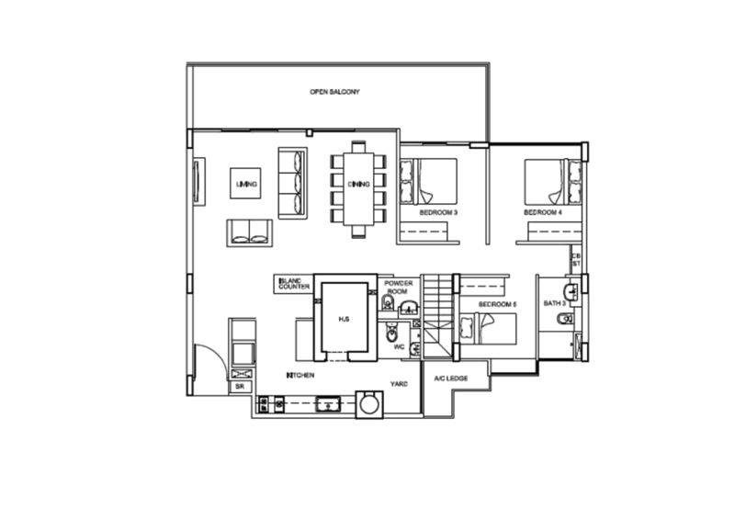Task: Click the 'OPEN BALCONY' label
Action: pyautogui.click(x=334, y=92)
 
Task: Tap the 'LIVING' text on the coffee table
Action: pyautogui.click(x=246, y=185)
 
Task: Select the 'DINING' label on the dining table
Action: pyautogui.click(x=358, y=185)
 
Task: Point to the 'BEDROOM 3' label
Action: pyautogui.click(x=438, y=212)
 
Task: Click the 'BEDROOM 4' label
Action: pyautogui.click(x=542, y=212)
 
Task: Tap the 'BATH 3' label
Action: pyautogui.click(x=554, y=303)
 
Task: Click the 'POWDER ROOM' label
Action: pyautogui.click(x=399, y=288)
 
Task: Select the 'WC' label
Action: pyautogui.click(x=400, y=347)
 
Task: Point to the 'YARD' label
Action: pyautogui.click(x=399, y=383)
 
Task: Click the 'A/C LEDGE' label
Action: pyautogui.click(x=450, y=378)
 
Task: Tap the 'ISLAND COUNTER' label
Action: pyautogui.click(x=294, y=285)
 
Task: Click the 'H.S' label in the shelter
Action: pyautogui.click(x=343, y=319)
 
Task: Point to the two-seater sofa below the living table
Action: pyautogui.click(x=250, y=232)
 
